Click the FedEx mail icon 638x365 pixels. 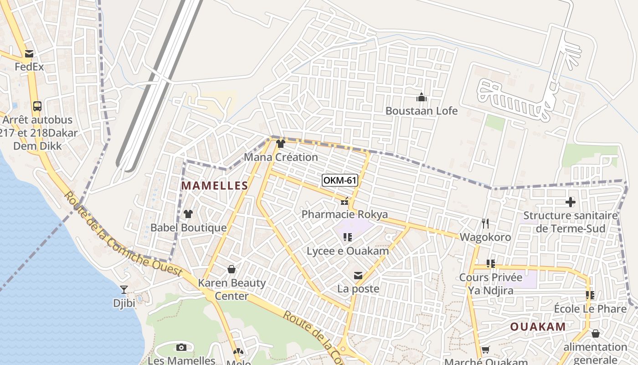click(29, 54)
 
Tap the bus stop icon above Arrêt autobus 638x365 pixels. click(37, 106)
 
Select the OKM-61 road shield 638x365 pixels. click(340, 180)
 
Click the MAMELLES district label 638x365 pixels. click(215, 186)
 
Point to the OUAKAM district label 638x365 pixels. click(538, 327)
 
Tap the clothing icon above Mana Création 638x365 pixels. click(280, 144)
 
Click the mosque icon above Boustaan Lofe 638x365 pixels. click(422, 97)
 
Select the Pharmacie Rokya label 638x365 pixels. click(345, 214)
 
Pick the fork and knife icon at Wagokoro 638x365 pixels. click(485, 224)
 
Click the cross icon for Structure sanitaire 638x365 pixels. click(570, 202)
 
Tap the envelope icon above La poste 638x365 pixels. click(358, 276)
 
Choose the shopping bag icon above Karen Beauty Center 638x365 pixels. click(232, 269)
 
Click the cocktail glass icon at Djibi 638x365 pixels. click(123, 289)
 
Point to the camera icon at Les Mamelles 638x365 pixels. click(181, 347)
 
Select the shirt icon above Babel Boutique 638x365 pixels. click(188, 214)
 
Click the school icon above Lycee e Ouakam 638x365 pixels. click(348, 237)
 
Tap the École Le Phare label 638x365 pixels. click(590, 309)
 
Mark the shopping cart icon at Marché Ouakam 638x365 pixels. click(485, 350)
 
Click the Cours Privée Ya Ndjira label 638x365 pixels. click(491, 284)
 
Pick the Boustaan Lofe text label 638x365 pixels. click(422, 111)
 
